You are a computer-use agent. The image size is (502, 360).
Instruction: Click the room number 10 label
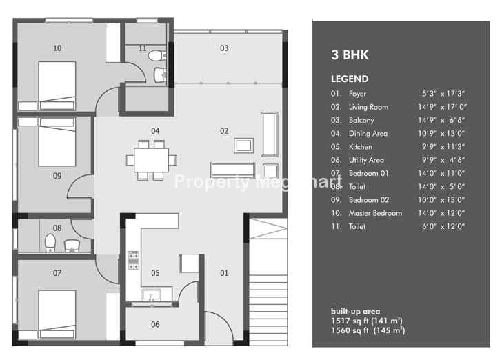tap(57, 48)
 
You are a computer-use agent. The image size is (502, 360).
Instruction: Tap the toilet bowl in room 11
tap(157, 56)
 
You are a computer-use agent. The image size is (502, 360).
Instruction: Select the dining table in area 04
tap(152, 160)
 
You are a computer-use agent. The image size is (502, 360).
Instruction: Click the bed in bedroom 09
tap(57, 141)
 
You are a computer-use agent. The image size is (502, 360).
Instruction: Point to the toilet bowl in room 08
tap(50, 243)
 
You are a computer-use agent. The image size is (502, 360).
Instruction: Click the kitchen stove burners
tap(134, 261)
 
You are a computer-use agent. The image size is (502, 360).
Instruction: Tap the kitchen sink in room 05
tap(152, 295)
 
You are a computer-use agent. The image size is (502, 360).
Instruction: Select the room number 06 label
tap(155, 324)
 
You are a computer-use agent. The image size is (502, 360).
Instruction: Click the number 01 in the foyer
tap(224, 273)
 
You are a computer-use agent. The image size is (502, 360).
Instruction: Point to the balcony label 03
tap(224, 48)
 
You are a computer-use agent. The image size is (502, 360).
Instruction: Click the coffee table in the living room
tap(243, 146)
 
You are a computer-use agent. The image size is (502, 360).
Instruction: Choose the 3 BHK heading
tap(350, 54)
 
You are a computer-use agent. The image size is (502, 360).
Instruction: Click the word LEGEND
tap(350, 79)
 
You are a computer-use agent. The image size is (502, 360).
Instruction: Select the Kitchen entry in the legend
tap(361, 147)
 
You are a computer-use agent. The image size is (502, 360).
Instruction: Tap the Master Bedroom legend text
tap(375, 213)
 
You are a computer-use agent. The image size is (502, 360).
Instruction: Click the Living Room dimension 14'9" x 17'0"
tap(442, 107)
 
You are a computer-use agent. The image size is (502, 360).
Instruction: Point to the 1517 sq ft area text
tap(367, 321)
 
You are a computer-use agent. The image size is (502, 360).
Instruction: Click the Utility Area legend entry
tap(366, 160)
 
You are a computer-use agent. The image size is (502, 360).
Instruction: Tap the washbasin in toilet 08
tap(72, 246)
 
